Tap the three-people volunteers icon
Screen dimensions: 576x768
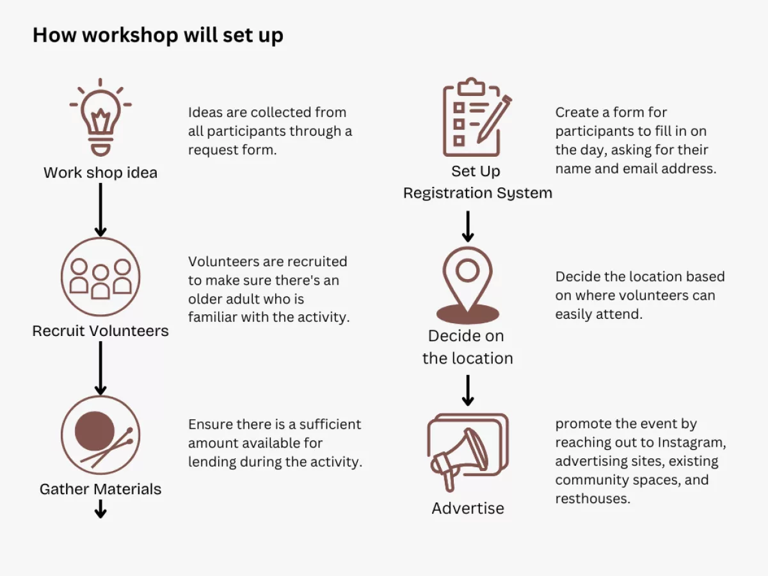100,276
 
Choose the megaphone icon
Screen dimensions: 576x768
467,451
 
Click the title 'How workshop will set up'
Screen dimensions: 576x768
158,35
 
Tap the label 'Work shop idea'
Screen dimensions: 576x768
100,173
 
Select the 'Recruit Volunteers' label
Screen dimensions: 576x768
100,331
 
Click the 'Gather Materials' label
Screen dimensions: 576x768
100,490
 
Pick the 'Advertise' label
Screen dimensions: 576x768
468,508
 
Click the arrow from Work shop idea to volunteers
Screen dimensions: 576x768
100,209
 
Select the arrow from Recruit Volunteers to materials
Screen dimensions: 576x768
100,368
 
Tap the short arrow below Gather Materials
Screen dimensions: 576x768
100,508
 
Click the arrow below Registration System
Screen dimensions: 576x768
468,226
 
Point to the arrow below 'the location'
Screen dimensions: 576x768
468,390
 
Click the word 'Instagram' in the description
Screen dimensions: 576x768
692,442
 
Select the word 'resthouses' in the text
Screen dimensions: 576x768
592,499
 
